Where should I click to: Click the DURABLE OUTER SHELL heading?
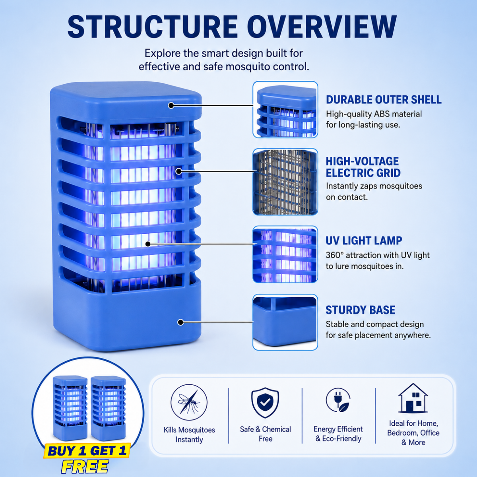tap(384, 99)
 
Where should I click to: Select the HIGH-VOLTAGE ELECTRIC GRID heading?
tap(363, 167)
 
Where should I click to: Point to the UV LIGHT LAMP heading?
tap(364, 240)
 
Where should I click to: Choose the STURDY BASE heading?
tap(360, 310)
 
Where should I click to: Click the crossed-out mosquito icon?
tap(189, 402)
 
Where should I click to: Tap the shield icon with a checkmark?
tap(265, 403)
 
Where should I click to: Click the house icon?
tap(413, 399)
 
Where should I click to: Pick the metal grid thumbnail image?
tap(285, 182)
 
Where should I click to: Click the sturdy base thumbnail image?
tap(285, 322)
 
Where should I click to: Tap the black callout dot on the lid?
tap(171, 105)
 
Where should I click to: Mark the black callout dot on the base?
tap(180, 322)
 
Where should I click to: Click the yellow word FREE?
tap(85, 467)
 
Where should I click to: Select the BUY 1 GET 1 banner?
tap(87, 450)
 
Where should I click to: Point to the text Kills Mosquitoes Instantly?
tap(189, 435)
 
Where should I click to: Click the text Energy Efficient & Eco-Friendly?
tap(338, 434)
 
